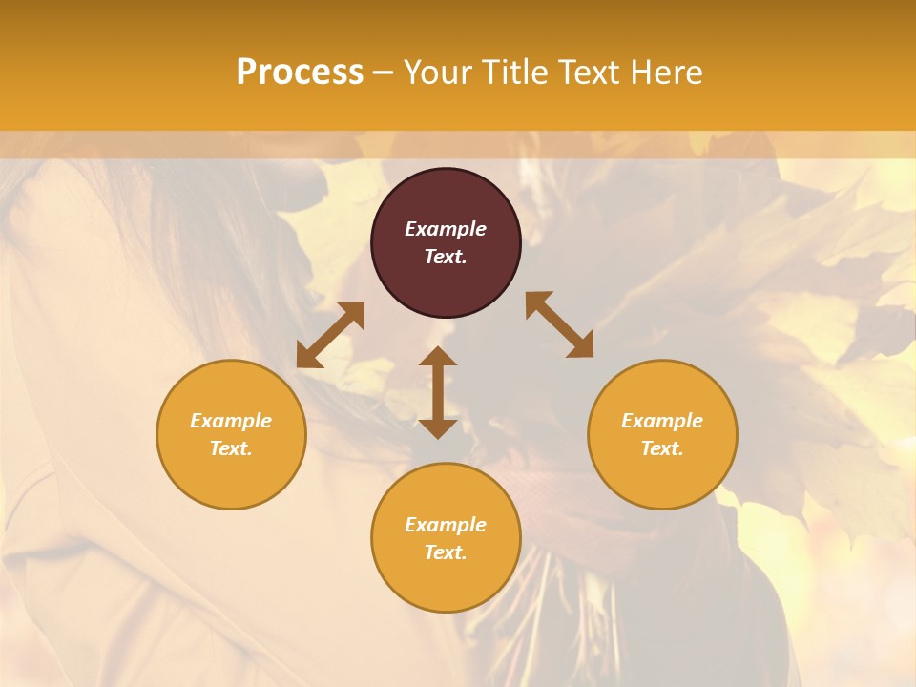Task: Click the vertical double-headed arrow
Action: (438, 392)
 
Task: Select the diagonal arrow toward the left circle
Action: (330, 335)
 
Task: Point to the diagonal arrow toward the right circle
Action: (560, 324)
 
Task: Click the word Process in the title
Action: (300, 73)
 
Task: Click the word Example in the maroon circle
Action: (446, 229)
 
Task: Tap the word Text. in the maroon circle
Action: (446, 257)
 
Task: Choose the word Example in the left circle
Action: (231, 421)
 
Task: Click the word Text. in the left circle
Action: (231, 448)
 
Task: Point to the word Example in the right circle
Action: (662, 421)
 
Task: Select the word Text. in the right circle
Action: (662, 448)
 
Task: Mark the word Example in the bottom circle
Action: (446, 525)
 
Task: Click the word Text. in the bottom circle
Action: (446, 552)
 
